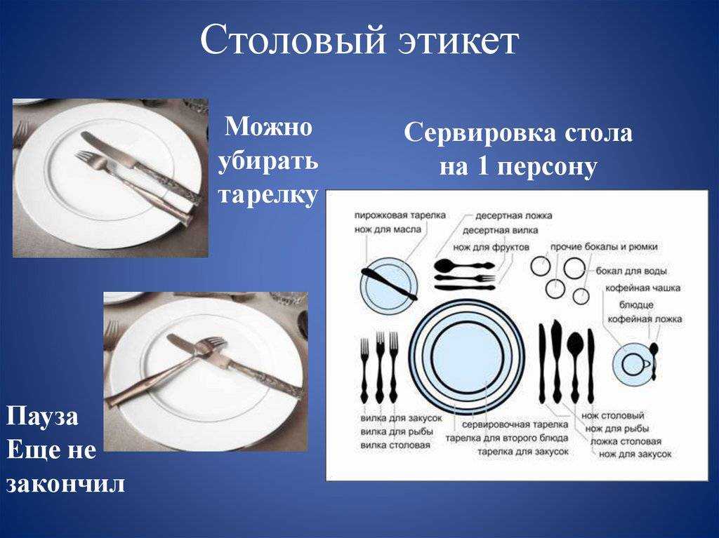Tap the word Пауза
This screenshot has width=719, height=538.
tap(42, 418)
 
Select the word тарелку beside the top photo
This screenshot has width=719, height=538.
tap(268, 194)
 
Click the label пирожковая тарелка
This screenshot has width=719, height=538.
tap(400, 215)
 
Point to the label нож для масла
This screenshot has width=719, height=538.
tap(388, 229)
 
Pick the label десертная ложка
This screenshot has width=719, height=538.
tap(513, 215)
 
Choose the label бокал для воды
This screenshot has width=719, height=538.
tap(631, 271)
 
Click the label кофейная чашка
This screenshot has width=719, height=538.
tap(642, 288)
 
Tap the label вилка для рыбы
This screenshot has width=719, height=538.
tap(397, 431)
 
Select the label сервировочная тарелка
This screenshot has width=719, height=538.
tap(515, 425)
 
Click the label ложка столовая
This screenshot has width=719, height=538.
tap(626, 441)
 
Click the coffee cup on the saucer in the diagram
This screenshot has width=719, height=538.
tap(635, 364)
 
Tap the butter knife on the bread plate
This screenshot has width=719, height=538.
tap(389, 284)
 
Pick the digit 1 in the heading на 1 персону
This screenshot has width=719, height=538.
tap(482, 166)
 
